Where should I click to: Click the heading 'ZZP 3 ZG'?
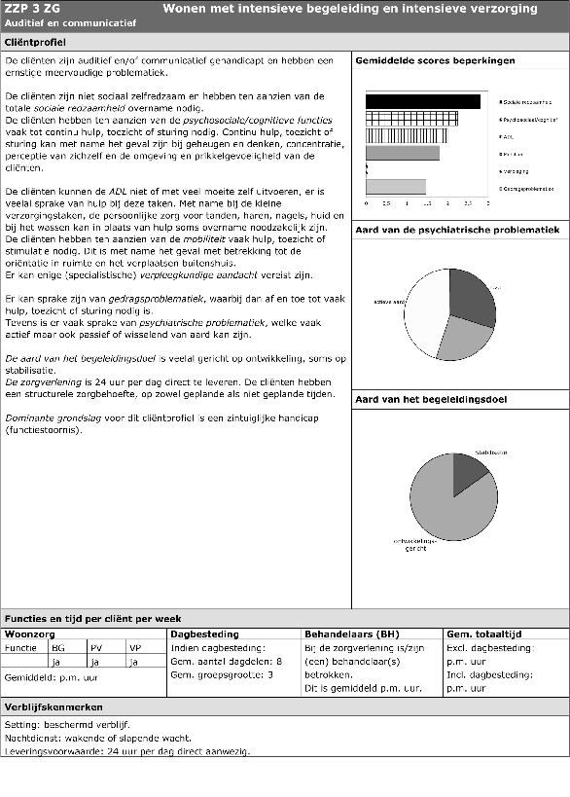33,9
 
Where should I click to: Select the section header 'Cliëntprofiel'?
36,44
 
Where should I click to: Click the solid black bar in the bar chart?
422,101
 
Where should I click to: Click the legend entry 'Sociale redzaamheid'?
524,101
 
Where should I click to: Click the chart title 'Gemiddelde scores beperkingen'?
435,61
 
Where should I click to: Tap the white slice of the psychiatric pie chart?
424,311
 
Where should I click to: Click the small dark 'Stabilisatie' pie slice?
468,469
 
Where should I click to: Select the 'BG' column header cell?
58,646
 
